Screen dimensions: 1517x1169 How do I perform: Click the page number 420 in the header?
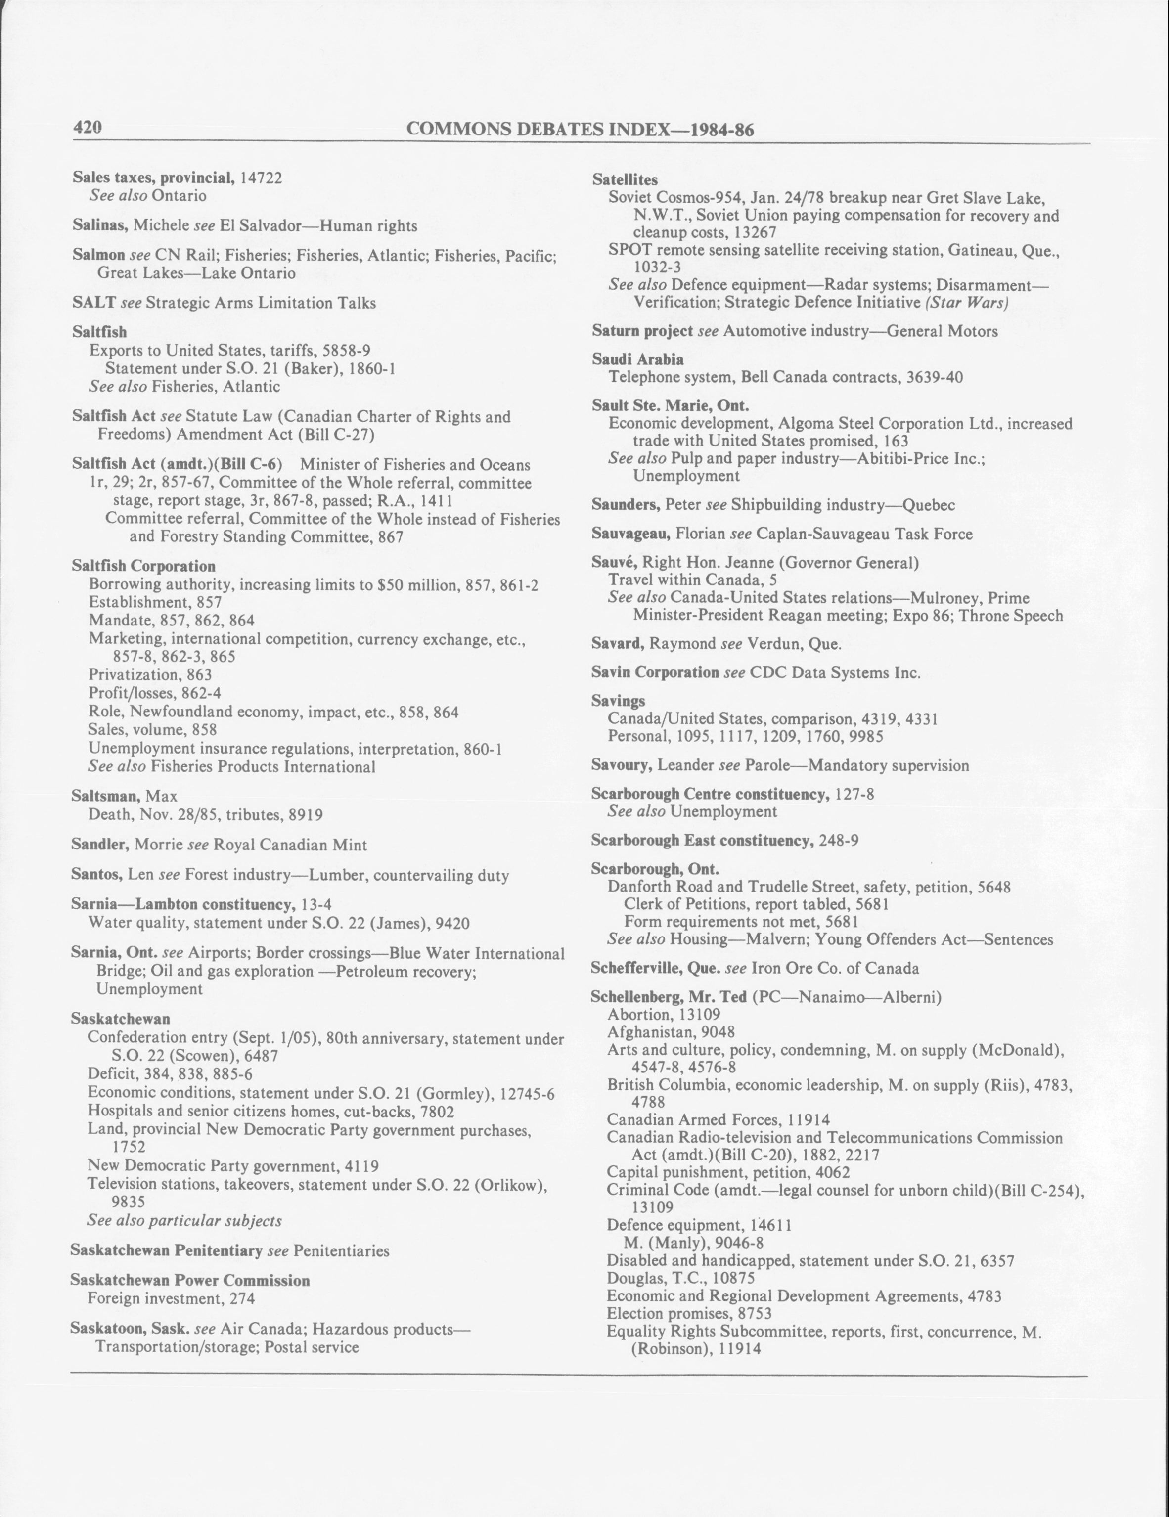click(x=88, y=127)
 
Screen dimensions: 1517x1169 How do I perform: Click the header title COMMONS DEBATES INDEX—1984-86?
click(x=580, y=129)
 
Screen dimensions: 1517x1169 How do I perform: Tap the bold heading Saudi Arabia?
click(x=637, y=359)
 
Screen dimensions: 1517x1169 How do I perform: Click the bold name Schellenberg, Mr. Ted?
click(x=668, y=997)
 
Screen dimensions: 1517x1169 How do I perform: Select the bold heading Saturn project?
click(x=642, y=331)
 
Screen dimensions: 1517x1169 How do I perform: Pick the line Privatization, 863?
click(x=150, y=674)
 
